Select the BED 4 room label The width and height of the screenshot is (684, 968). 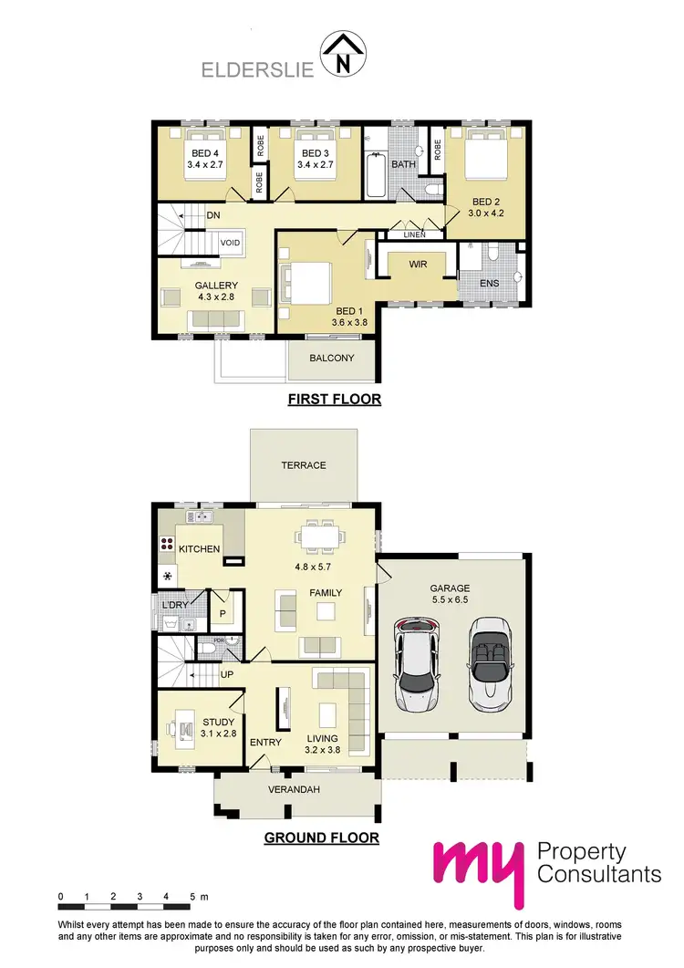205,152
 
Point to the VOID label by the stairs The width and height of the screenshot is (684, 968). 230,244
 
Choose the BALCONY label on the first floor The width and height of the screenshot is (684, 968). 332,359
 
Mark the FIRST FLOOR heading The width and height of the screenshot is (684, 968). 334,400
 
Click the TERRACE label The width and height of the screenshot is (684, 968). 304,465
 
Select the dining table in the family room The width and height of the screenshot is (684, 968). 322,536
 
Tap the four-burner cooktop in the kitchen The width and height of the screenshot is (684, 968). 167,546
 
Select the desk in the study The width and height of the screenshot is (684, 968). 186,729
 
